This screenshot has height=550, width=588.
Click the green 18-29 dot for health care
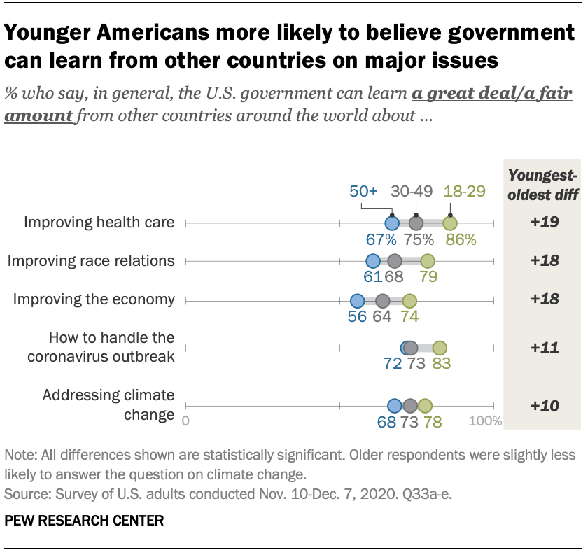coord(450,223)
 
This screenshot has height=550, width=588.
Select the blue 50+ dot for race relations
coord(373,262)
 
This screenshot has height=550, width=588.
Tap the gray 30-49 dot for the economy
coord(382,301)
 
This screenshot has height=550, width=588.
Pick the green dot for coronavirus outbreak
coord(440,348)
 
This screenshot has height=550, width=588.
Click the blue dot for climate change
coord(394,406)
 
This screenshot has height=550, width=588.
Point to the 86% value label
coord(461,240)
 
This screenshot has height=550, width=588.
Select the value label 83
coord(441,364)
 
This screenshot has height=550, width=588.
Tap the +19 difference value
coord(543,223)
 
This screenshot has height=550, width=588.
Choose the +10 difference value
coord(543,406)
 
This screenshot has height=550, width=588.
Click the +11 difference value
coord(543,348)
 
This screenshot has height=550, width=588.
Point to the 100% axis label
coord(485,421)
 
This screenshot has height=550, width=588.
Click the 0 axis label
coord(185,421)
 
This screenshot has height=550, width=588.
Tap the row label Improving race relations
coord(90,261)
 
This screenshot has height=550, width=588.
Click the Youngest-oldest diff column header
coord(543,184)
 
